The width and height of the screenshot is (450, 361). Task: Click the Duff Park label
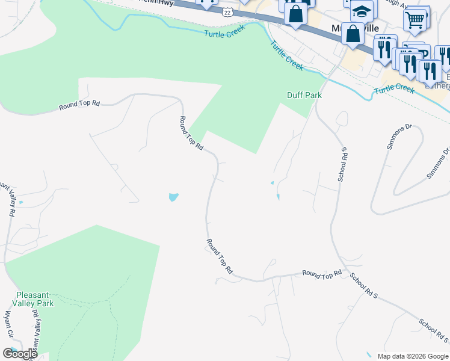click(304, 95)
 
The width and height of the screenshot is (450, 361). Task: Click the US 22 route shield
click(227, 13)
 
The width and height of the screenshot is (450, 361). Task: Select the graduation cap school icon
click(362, 11)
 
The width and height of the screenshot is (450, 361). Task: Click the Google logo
click(20, 354)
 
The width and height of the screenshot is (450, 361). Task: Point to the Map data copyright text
click(413, 356)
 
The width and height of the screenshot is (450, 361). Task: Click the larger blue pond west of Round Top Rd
click(173, 197)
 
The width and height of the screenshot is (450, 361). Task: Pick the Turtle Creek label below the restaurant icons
click(394, 90)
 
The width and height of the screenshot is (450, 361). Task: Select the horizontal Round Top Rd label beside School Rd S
click(322, 274)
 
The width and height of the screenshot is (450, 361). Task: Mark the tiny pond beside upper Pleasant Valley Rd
click(22, 202)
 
